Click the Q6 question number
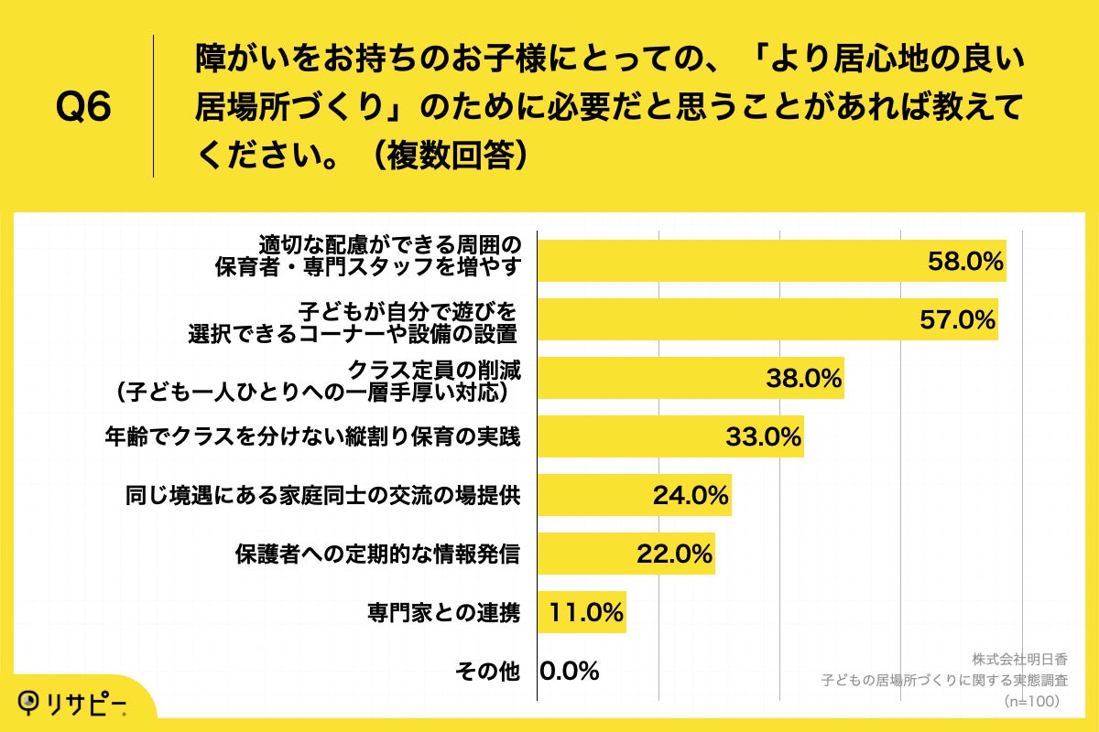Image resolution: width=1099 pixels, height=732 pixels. pyautogui.click(x=83, y=108)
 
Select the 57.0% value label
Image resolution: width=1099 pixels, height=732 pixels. pyautogui.click(x=957, y=320)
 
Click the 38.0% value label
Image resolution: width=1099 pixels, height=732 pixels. pyautogui.click(x=803, y=379)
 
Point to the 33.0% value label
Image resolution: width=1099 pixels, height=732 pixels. pyautogui.click(x=763, y=437)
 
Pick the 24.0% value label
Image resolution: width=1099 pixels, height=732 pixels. pyautogui.click(x=691, y=496)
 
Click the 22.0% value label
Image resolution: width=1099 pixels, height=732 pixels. pyautogui.click(x=674, y=554)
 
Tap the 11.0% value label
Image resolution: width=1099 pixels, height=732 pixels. pyautogui.click(x=586, y=613)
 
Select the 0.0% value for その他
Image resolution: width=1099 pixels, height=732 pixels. pyautogui.click(x=569, y=672)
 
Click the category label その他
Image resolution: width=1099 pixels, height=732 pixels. pyautogui.click(x=487, y=672)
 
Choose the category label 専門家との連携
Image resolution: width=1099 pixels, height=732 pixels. pyautogui.click(x=442, y=613)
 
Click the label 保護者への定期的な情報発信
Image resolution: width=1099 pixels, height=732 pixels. pyautogui.click(x=377, y=554)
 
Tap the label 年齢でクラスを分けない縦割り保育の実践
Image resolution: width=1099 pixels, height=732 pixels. pyautogui.click(x=314, y=437)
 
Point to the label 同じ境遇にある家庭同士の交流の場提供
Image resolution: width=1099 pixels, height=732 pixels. pyautogui.click(x=323, y=496)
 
